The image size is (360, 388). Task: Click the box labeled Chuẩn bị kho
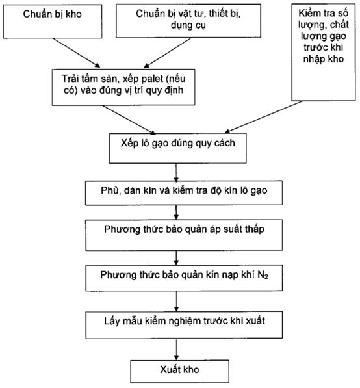pos(53,21)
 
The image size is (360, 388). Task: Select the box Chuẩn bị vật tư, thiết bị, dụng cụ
pos(188,21)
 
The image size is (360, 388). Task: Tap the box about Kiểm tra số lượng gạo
pos(324,52)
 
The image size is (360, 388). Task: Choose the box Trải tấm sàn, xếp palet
pos(123,87)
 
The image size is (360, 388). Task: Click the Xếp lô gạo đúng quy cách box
pos(178,148)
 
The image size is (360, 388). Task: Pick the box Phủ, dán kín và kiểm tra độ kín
pos(184,193)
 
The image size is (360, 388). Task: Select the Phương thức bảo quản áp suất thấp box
pos(184,235)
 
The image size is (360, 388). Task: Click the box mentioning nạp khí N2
pos(184,278)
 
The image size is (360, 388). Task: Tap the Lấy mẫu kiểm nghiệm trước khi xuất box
pos(184,325)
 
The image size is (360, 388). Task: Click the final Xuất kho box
pos(179,371)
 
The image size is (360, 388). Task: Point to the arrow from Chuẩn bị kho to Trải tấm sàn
pos(77,53)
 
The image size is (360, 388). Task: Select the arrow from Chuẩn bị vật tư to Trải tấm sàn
pos(168,53)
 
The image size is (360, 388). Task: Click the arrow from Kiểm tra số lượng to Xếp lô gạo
pos(263,117)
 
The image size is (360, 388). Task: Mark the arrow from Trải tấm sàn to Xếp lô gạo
pos(129,120)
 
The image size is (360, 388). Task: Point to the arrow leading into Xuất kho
pos(176,350)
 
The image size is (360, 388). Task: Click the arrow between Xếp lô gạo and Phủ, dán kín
pos(176,172)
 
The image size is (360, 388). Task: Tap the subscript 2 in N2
pos(266,277)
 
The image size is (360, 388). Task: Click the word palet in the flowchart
pos(152,79)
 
